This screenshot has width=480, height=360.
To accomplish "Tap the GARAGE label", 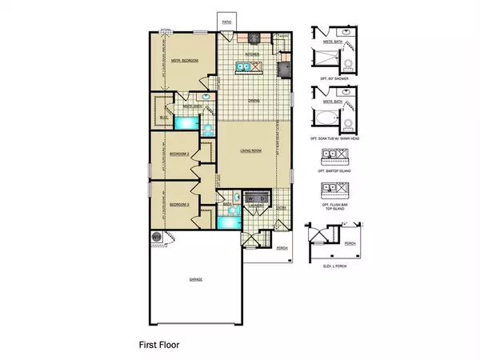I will (195, 279).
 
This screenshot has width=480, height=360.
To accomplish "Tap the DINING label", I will (253, 100).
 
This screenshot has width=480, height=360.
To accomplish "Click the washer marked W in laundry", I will (251, 197).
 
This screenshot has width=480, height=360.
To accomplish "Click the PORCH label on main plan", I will (282, 248).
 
